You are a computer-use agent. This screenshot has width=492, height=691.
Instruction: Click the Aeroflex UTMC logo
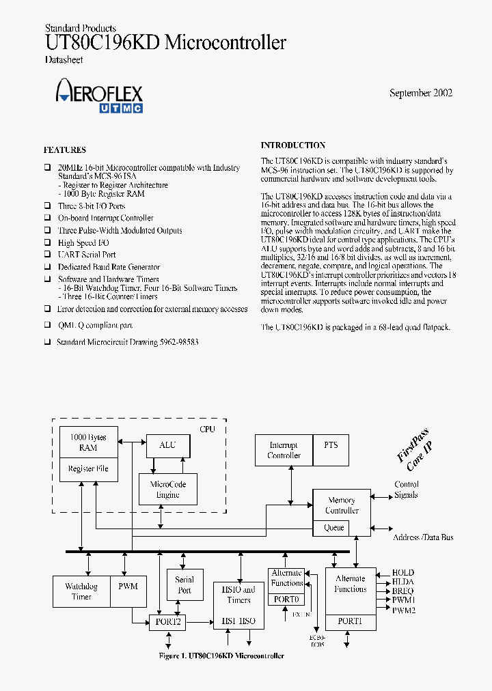tap(99, 95)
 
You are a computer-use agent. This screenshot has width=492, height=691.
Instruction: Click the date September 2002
tap(420, 93)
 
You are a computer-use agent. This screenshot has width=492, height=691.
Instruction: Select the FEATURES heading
tap(65, 150)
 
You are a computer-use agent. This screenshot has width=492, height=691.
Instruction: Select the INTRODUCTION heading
tap(293, 145)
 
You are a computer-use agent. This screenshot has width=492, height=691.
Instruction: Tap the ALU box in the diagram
tap(167, 446)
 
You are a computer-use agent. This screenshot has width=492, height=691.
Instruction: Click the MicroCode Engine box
tap(167, 489)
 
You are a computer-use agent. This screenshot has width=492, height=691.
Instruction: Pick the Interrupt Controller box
tap(284, 450)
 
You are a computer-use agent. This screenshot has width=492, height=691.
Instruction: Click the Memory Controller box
tap(342, 505)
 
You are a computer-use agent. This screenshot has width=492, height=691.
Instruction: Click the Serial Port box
tap(184, 585)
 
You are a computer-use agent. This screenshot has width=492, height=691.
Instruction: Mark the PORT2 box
tap(167, 622)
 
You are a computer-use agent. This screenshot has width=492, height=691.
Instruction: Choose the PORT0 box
tap(286, 599)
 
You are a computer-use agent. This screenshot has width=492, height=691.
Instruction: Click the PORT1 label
tap(350, 621)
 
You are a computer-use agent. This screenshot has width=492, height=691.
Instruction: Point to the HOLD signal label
tap(402, 572)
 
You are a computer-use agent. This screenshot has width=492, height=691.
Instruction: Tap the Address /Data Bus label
tap(423, 537)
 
